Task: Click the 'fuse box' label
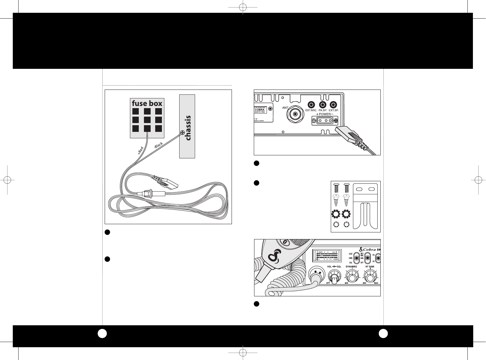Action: point(147,103)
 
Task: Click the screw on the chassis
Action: point(182,132)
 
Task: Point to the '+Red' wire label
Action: point(140,151)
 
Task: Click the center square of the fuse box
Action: point(147,120)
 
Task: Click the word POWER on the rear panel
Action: point(324,114)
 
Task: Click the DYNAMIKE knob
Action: point(352,278)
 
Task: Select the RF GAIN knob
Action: point(369,278)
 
